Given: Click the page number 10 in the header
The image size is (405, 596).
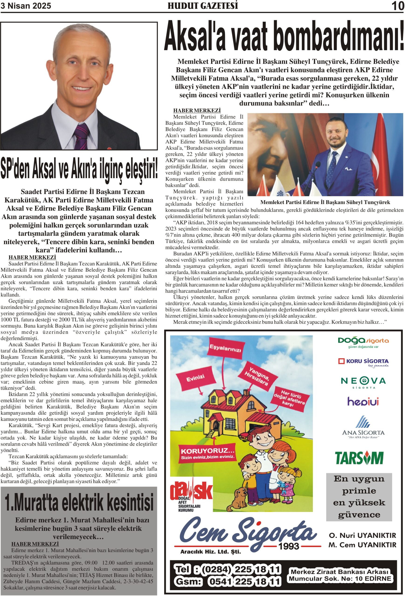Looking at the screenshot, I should pyautogui.click(x=398, y=6).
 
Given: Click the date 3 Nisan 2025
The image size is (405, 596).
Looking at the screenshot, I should pyautogui.click(x=26, y=6).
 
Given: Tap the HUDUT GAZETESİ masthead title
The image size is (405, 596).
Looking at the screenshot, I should pyautogui.click(x=203, y=6).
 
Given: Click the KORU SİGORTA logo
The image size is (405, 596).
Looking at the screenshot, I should pyautogui.click(x=364, y=362).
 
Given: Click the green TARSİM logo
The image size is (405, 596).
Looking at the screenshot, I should pyautogui.click(x=359, y=458).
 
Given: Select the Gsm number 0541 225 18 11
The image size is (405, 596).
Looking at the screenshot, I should pyautogui.click(x=244, y=581).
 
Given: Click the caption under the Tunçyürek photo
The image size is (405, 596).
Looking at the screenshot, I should pyautogui.click(x=325, y=202).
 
